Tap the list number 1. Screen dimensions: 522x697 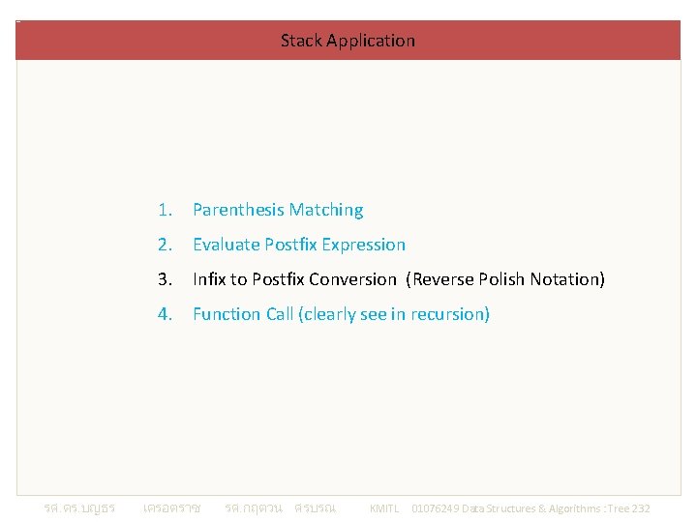tap(166, 210)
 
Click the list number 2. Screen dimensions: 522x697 tap(166, 245)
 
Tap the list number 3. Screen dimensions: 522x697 tap(166, 279)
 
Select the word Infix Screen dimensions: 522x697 tap(209, 279)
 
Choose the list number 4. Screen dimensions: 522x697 tap(166, 314)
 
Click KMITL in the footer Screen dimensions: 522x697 tap(384, 508)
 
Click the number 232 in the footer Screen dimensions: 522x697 tap(640, 508)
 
